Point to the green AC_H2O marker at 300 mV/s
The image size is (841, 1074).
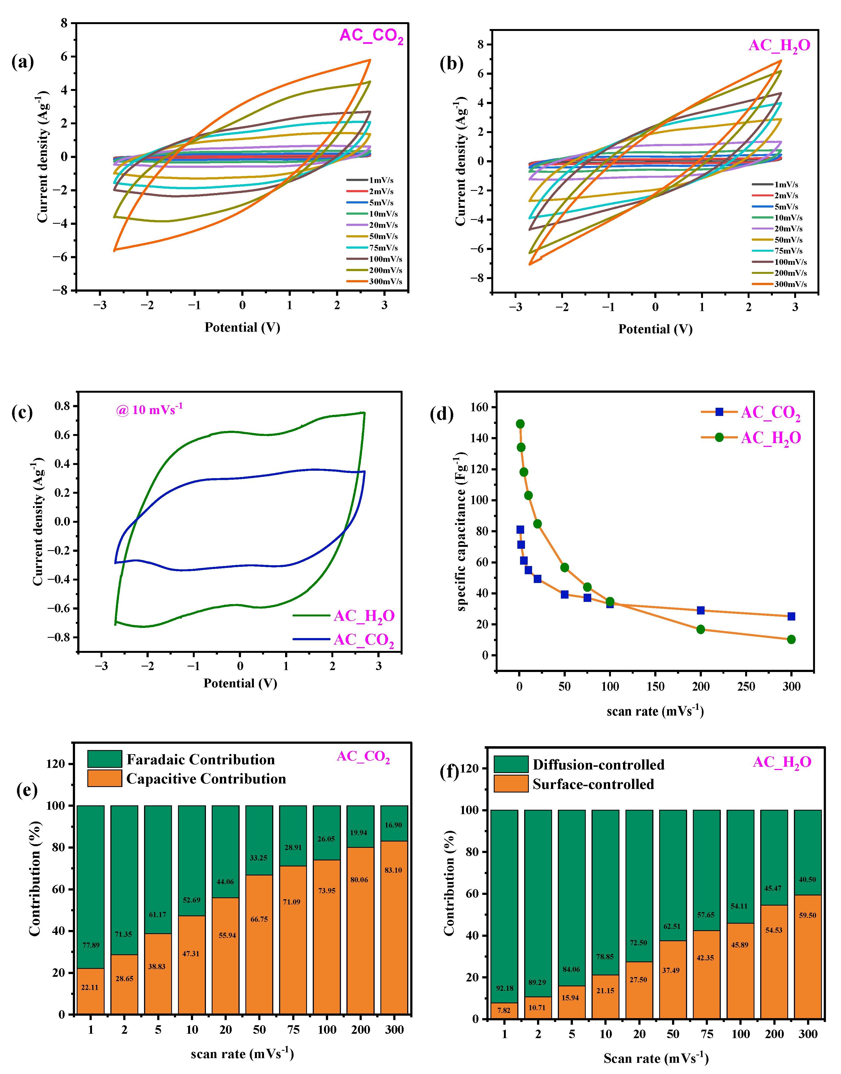pos(791,639)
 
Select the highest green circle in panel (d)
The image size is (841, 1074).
pos(520,424)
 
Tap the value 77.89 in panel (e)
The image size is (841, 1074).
pos(91,945)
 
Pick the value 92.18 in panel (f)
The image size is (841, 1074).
pos(505,988)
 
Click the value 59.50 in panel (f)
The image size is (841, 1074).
pos(808,915)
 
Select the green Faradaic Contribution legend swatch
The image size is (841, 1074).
pos(104,759)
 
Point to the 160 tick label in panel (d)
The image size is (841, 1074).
pos(479,407)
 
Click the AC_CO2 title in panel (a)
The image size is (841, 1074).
pos(371,36)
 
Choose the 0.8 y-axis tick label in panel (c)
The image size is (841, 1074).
pos(62,406)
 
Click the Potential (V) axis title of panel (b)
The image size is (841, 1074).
pos(655,329)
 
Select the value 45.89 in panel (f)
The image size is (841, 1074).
pos(740,944)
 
